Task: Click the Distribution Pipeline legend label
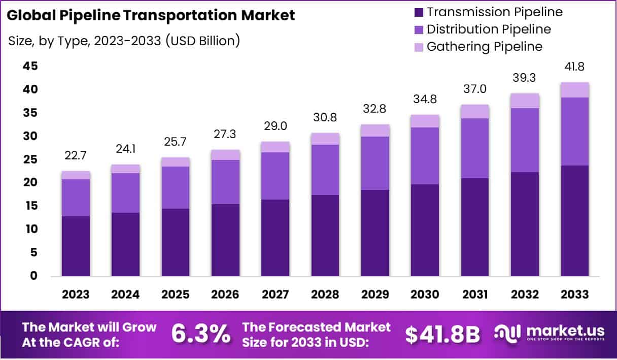(x=489, y=29)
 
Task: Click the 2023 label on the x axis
(x=76, y=294)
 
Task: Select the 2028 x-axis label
(x=325, y=294)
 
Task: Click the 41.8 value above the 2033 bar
(x=575, y=67)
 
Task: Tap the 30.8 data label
(x=325, y=120)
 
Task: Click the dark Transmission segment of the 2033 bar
(x=575, y=221)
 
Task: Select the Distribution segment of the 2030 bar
(x=425, y=155)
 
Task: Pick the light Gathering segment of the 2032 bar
(x=525, y=101)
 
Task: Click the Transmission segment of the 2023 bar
(x=76, y=246)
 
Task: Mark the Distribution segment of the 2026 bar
(x=226, y=182)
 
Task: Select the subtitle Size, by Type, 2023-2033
(x=124, y=41)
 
